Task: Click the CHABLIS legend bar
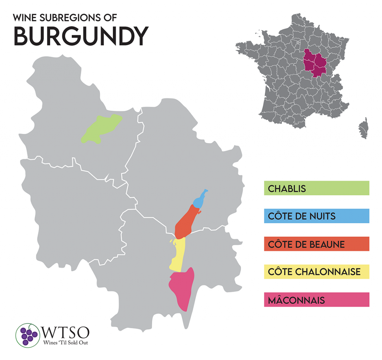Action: coord(316,188)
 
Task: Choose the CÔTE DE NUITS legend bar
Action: coord(316,216)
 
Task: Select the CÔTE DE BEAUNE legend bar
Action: coord(316,244)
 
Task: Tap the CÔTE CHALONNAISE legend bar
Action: coord(316,272)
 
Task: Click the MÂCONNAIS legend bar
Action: coord(316,300)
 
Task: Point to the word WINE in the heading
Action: coord(25,18)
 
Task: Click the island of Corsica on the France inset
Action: coord(363,129)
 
